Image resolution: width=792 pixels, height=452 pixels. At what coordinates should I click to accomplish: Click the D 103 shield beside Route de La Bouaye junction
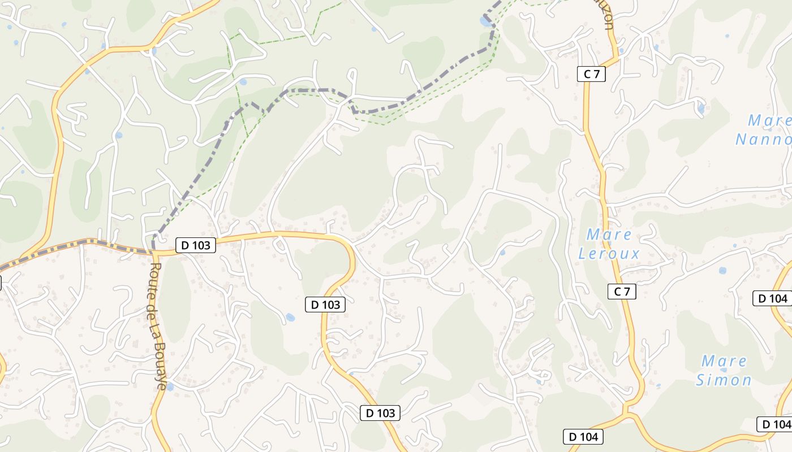coord(196,245)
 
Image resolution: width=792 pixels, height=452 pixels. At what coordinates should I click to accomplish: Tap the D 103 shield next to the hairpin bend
coord(325,305)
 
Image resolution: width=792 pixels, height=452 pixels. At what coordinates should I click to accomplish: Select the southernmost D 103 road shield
coord(380,413)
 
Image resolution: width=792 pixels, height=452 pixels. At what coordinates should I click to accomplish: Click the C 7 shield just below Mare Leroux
coord(622,292)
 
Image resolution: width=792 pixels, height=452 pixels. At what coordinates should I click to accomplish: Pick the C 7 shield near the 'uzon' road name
coord(591,74)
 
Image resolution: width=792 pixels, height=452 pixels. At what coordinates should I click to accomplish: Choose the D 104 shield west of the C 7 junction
coord(583,437)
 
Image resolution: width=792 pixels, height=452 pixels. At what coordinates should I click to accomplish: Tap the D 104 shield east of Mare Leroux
coord(772,298)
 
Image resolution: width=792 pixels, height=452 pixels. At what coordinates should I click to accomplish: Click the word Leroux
coord(609,254)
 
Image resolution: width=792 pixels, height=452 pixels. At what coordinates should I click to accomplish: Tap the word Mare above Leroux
coord(609,234)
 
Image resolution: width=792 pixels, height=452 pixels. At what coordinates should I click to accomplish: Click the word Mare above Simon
coord(724,361)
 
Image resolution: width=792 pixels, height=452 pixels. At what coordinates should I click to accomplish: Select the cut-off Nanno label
coord(763,140)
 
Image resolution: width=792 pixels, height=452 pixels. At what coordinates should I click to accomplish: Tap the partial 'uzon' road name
coord(607,17)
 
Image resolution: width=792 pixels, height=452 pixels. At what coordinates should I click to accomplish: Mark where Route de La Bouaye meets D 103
coord(153,251)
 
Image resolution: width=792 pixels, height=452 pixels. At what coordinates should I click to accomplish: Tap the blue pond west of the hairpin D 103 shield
coord(290,318)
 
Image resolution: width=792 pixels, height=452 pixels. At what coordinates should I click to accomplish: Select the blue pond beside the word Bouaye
coord(169,387)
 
